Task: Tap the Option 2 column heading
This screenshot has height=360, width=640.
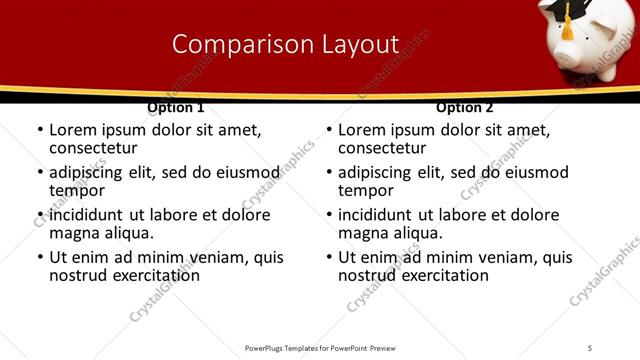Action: coord(464,107)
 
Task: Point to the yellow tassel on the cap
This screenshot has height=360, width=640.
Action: coord(567,30)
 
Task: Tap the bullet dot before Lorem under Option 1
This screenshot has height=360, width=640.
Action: coord(39,131)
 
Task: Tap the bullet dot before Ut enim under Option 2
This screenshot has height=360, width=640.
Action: coord(328,258)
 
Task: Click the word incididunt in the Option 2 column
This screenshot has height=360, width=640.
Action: coord(381,215)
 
